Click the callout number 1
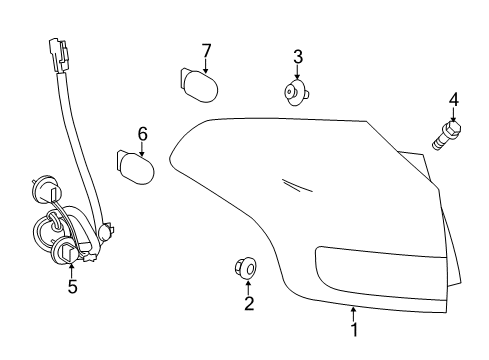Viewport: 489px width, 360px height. [353, 327]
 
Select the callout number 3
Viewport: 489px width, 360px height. [297, 57]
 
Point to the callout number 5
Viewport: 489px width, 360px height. [72, 286]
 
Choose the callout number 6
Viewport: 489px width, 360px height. [142, 133]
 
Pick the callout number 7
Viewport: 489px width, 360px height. [206, 50]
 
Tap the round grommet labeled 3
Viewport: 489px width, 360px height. [294, 94]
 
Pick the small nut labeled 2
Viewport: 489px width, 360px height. [245, 267]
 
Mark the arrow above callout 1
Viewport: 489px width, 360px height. [353, 311]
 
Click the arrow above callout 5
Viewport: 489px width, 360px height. [72, 269]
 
